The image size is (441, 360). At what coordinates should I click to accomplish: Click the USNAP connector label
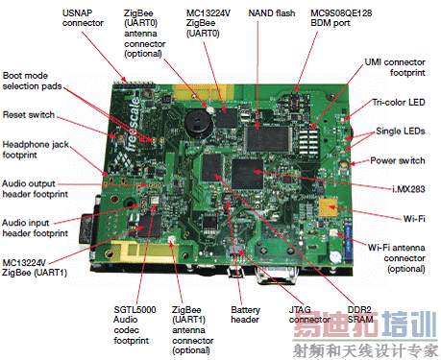pos(83,18)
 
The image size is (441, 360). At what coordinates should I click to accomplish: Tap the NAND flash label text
pos(272,13)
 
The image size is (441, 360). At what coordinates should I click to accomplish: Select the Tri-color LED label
pos(399,103)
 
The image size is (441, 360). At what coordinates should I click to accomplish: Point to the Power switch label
pos(398,160)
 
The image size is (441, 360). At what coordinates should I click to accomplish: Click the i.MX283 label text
pos(408,189)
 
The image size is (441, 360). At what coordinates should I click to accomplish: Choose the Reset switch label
pos(29,114)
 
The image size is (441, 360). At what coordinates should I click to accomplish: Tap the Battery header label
pos(245,315)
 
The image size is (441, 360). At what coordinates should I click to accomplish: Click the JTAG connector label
pos(309,315)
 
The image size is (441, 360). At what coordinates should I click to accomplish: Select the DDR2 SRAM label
pos(360,315)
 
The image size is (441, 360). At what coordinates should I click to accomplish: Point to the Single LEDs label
pos(401,131)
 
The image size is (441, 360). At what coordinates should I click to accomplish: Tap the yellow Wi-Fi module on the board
pos(328,207)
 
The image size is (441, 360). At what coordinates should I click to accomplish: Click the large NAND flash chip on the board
pos(267,139)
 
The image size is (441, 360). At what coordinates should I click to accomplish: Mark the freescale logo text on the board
pos(132,124)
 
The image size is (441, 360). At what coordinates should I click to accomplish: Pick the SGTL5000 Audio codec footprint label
pos(135,324)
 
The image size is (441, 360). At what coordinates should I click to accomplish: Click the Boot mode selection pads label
pos(32,81)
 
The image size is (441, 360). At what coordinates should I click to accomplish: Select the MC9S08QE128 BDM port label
pos(341,18)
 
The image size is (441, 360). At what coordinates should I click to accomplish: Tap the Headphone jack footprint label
pos(36,150)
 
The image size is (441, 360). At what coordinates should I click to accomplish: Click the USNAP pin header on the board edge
pos(135,85)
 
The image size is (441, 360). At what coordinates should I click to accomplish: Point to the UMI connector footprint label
pos(395,67)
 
